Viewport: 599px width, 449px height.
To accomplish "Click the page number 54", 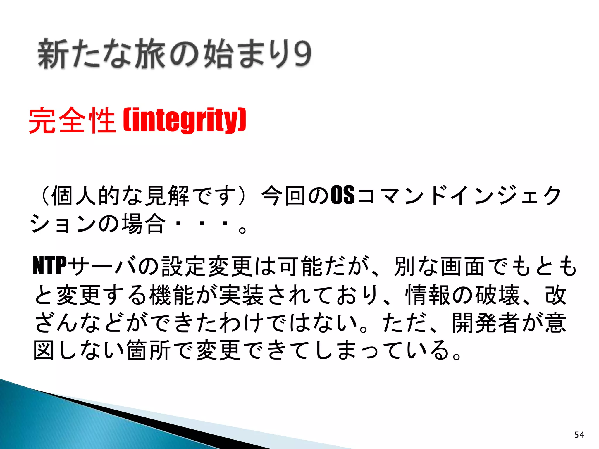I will coord(579,435).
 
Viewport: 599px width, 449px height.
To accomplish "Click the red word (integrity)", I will coord(185,120).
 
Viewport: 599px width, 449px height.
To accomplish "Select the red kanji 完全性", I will coord(72,120).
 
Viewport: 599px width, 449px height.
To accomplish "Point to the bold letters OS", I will coord(342,195).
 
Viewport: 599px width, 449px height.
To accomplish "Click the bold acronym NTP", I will coord(50,265).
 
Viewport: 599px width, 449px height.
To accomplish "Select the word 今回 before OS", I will coord(284,195).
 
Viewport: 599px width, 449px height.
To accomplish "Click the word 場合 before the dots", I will coord(143,223).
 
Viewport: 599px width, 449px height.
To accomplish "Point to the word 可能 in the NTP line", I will coord(301,265).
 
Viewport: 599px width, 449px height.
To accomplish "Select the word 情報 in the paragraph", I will coord(428,295).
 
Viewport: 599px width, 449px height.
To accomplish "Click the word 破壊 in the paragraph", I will coord(497,295).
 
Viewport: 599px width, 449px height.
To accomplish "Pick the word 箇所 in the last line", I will coord(149,350).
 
